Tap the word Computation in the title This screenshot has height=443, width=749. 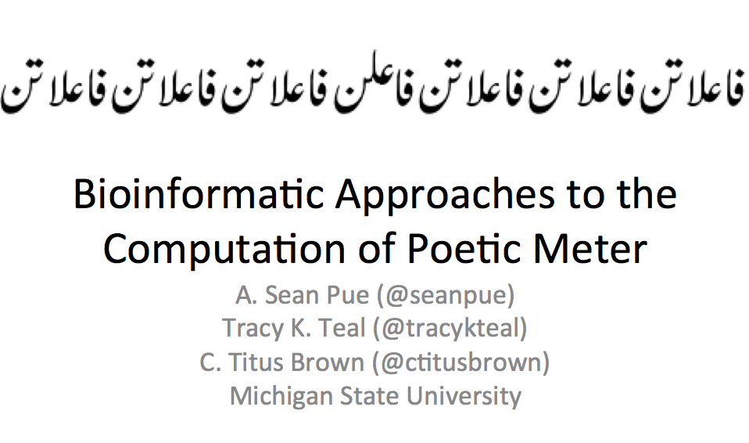coord(224,249)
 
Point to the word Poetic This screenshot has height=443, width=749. coord(463,249)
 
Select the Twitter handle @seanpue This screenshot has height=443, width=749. coord(446,295)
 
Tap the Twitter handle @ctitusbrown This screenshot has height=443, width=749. coord(461,362)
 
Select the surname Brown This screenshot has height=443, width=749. coord(328,362)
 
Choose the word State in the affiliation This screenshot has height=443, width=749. coord(370,396)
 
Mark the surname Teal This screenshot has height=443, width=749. coord(342,329)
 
